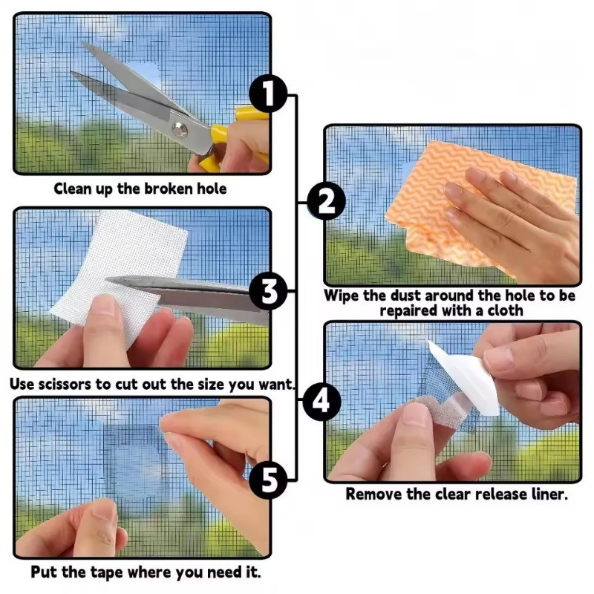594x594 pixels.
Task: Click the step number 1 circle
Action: pyautogui.click(x=268, y=94)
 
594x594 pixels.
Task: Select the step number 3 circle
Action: pyautogui.click(x=269, y=291)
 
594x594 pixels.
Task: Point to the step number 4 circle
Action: pyautogui.click(x=322, y=401)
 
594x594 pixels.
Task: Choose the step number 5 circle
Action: pyautogui.click(x=269, y=480)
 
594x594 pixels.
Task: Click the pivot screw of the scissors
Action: pyautogui.click(x=179, y=129)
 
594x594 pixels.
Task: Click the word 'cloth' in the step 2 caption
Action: pyautogui.click(x=505, y=310)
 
